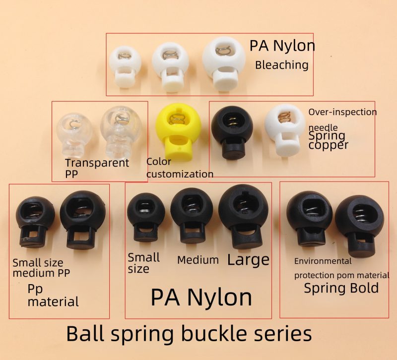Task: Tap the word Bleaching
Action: [x=281, y=65]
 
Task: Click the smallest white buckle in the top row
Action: [x=125, y=67]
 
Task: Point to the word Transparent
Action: [x=97, y=163]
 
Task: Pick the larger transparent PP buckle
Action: [x=121, y=131]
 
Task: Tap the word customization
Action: [x=180, y=174]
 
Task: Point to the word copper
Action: [x=329, y=145]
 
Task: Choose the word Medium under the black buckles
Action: [x=198, y=260]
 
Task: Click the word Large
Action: [x=248, y=260]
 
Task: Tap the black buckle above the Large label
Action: [x=243, y=216]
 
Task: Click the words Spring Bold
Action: [x=341, y=288]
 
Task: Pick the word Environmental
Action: [x=323, y=261]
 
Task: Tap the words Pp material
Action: [x=53, y=295]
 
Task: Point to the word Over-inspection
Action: [x=342, y=112]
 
